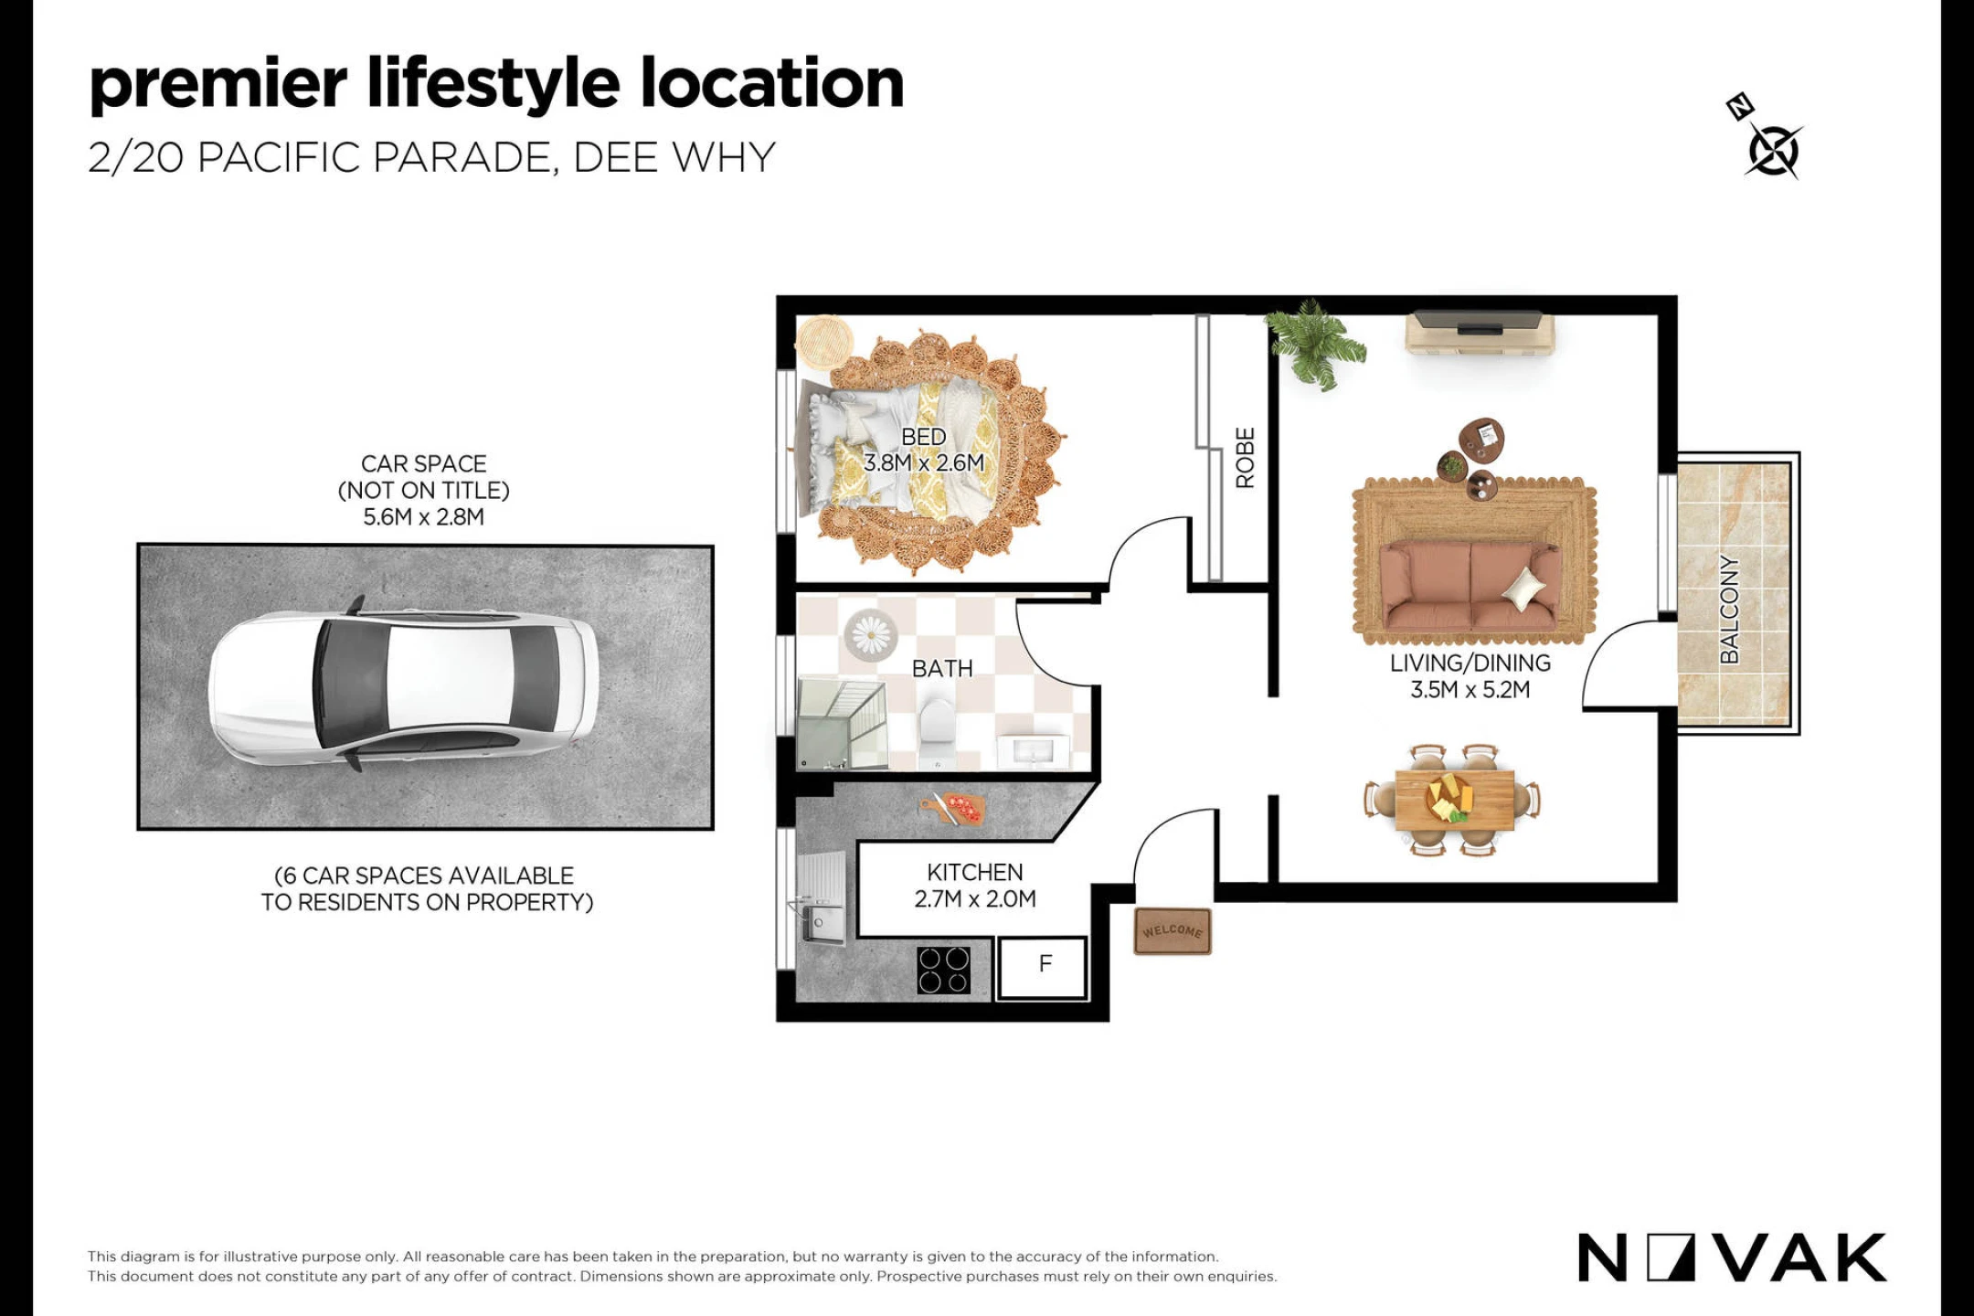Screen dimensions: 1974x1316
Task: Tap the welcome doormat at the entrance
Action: [x=1173, y=931]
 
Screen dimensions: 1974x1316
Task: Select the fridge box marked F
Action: [x=1043, y=967]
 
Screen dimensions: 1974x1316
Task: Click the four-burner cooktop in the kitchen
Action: [x=944, y=970]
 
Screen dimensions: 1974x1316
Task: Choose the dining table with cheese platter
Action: [x=1452, y=800]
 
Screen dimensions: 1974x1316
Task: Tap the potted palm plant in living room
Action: [x=1313, y=345]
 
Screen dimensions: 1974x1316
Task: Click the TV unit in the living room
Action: [x=1479, y=334]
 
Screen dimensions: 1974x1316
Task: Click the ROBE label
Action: [x=1245, y=458]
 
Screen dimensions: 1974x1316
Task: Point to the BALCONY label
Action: [x=1729, y=610]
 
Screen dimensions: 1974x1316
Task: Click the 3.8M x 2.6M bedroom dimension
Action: [x=924, y=463]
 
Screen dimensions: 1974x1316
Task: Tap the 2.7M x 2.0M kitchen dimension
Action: [x=975, y=899]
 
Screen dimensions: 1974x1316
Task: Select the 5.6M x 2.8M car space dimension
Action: [x=423, y=517]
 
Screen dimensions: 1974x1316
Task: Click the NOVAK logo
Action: [x=1732, y=1258]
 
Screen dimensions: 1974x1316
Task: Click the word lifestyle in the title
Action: [x=493, y=84]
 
